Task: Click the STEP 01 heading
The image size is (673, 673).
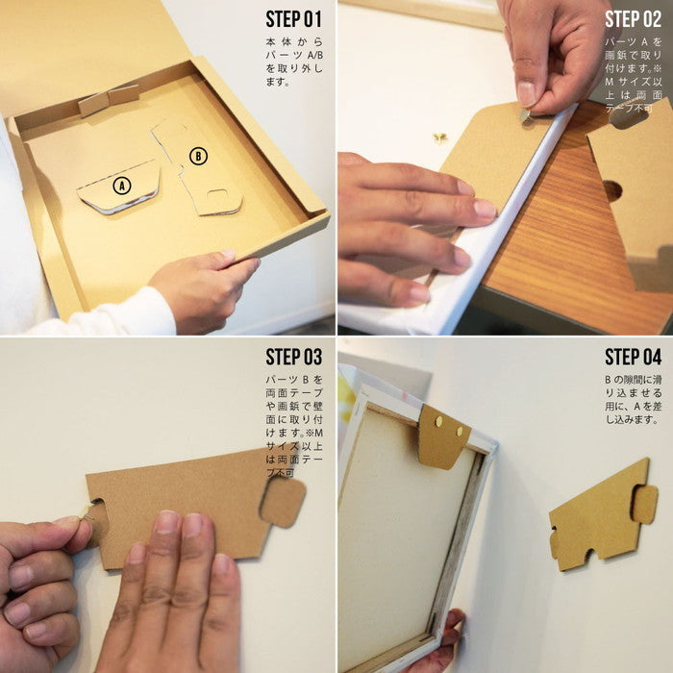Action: (294, 19)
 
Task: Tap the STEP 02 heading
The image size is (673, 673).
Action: (634, 19)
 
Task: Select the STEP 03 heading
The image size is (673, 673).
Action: (294, 357)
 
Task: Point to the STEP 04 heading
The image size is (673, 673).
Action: (634, 357)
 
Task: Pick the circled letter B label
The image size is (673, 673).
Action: (198, 156)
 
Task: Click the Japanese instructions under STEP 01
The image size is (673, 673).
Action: (294, 62)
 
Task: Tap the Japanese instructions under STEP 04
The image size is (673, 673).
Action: (634, 399)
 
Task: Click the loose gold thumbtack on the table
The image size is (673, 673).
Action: (440, 137)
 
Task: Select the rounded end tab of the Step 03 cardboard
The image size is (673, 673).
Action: (283, 502)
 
